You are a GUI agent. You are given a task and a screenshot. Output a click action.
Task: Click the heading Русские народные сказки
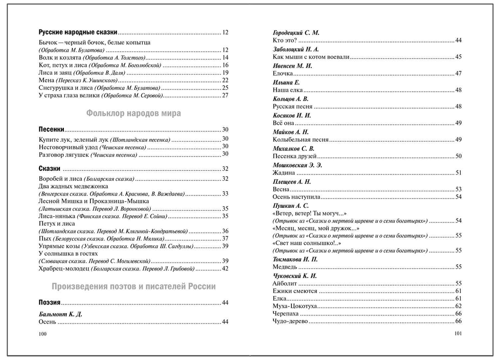(78, 32)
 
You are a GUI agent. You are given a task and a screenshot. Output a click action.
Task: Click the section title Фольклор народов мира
(133, 113)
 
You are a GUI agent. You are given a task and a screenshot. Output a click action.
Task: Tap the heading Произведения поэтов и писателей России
(134, 287)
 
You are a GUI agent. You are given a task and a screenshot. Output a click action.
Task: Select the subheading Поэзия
(50, 303)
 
